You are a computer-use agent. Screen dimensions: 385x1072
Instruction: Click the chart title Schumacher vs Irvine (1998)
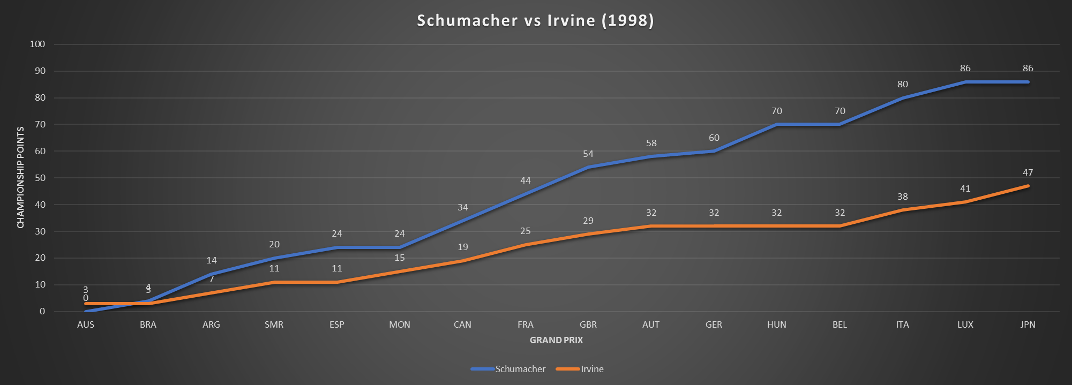point(535,20)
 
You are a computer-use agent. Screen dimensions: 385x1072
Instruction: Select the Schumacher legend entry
point(520,369)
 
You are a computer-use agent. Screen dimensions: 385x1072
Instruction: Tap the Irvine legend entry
point(592,369)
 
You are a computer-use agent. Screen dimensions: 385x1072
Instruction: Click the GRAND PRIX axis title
point(556,340)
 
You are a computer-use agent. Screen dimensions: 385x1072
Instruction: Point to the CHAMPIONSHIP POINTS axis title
point(21,177)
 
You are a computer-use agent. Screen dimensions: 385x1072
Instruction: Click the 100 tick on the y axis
point(38,44)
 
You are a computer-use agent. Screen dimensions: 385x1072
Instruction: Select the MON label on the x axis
point(400,324)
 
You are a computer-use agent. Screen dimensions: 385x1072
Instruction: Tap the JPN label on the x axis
point(1028,324)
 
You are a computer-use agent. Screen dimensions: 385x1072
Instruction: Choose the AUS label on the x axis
point(86,324)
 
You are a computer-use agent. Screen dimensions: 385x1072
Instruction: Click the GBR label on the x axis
point(588,324)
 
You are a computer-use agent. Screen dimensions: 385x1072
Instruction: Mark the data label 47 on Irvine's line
point(1028,172)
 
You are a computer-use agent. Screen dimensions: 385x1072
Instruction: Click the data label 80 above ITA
point(903,84)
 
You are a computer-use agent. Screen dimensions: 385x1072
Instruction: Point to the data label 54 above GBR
point(588,154)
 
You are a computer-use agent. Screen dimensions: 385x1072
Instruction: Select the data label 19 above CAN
point(463,247)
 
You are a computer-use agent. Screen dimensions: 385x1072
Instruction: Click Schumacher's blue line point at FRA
point(526,194)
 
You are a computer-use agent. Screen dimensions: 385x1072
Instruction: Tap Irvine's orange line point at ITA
point(903,210)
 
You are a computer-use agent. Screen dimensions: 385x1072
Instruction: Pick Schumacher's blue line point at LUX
point(965,82)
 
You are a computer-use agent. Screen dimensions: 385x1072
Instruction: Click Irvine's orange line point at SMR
point(274,282)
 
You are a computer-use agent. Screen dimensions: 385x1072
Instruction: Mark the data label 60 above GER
point(714,138)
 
